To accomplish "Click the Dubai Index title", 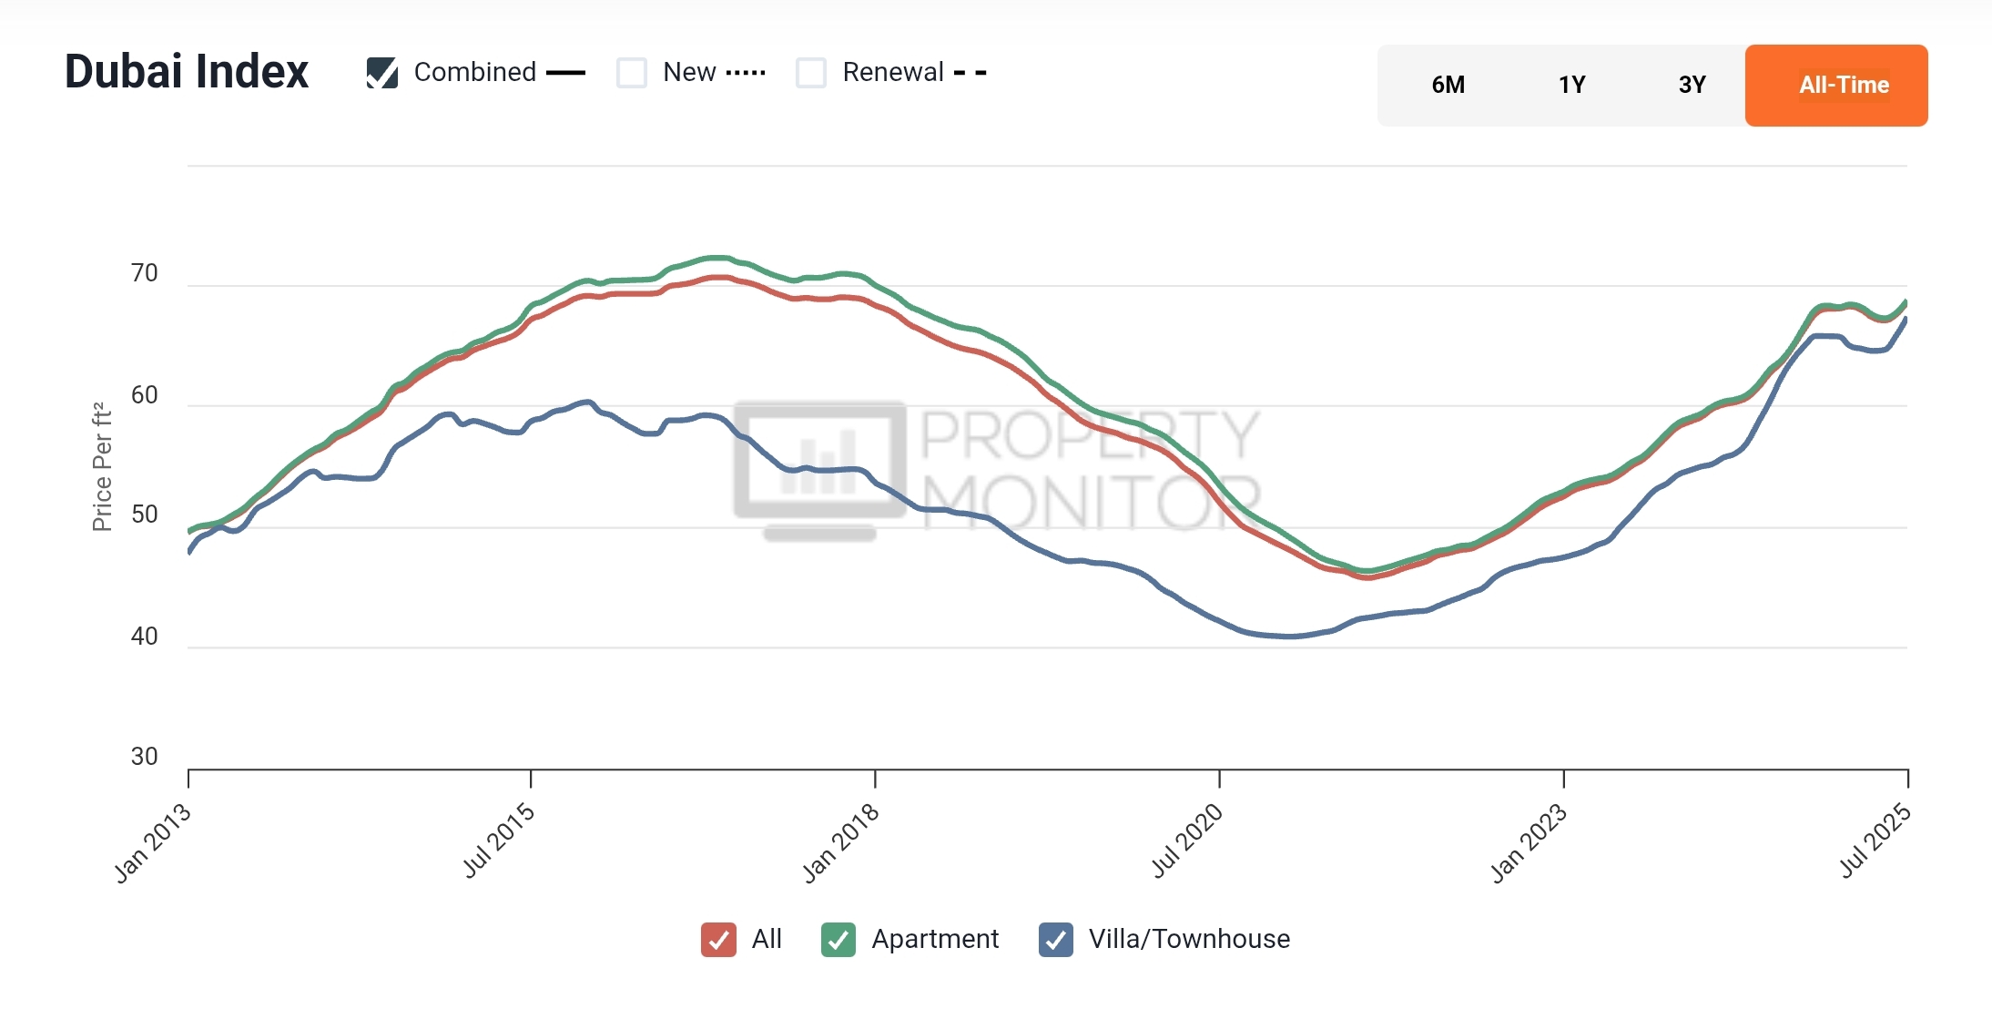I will (x=187, y=72).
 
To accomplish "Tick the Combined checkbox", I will (x=382, y=73).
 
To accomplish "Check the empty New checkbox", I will (x=632, y=73).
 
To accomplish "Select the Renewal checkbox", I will (x=811, y=73).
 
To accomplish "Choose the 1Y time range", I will (x=1571, y=86).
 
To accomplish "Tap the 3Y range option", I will (x=1692, y=86).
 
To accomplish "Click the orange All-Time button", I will (x=1836, y=86).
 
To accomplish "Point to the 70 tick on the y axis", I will (x=145, y=273).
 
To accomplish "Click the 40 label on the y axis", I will (x=145, y=636).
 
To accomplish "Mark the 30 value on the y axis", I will (x=145, y=757).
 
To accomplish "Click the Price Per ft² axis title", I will (x=102, y=466).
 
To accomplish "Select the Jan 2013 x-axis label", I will (x=153, y=843).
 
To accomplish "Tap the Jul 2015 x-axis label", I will (x=499, y=841).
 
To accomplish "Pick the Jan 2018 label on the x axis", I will (x=841, y=843).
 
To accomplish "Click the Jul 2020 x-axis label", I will (x=1187, y=841).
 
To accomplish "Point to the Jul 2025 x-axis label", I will (x=1875, y=841).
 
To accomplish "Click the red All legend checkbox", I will (x=718, y=940).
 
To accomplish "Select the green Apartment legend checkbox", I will (x=838, y=940).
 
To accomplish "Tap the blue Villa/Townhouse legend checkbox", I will (x=1056, y=940).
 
